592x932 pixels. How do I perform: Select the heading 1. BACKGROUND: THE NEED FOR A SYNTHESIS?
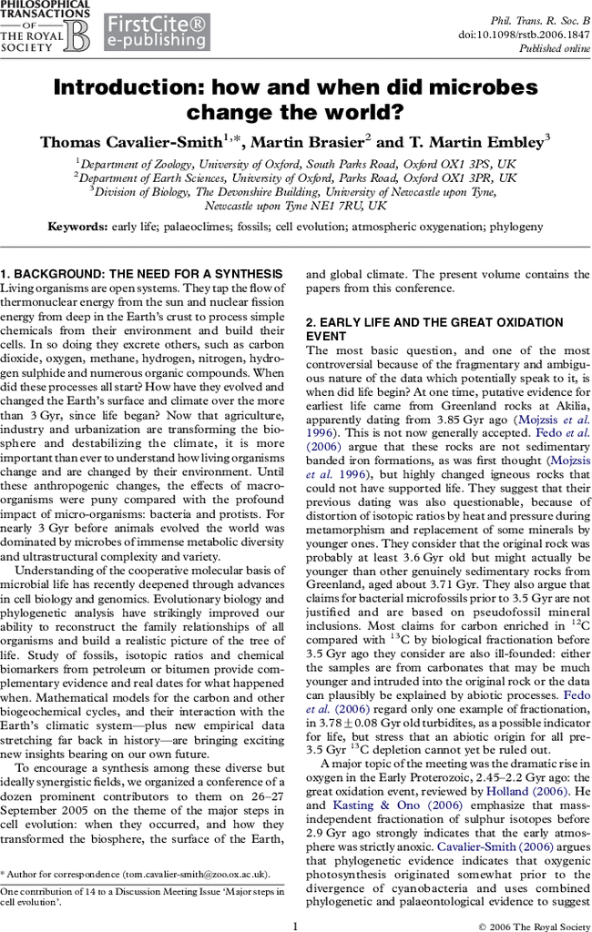(x=141, y=274)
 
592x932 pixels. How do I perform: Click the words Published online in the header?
(x=555, y=49)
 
